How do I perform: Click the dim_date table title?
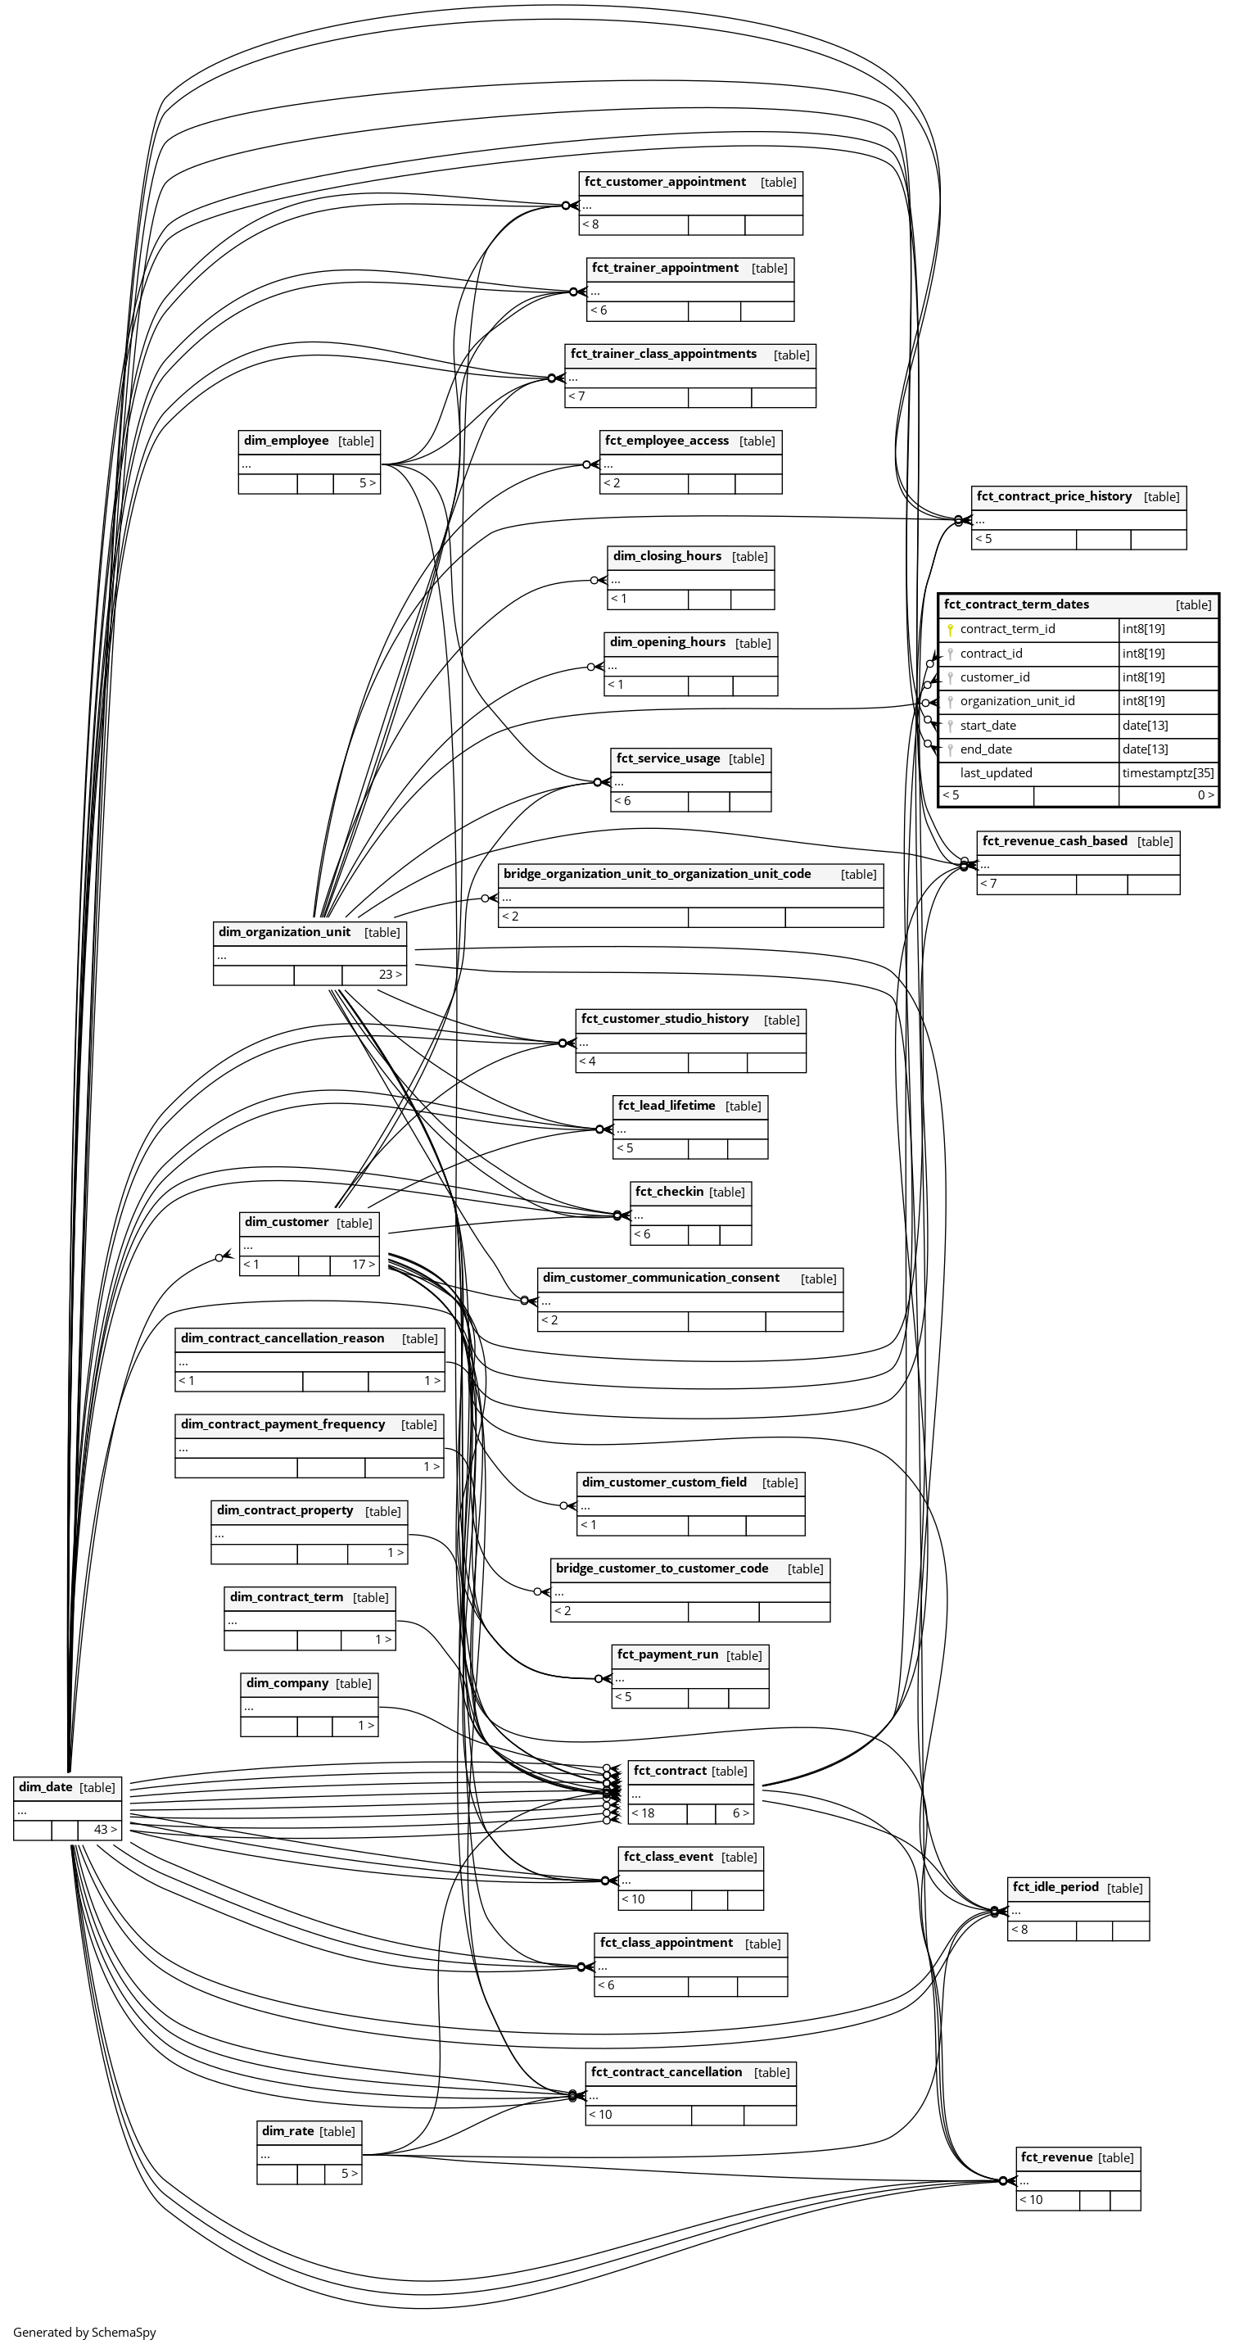coord(46,1787)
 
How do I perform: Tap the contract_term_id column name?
coord(1007,629)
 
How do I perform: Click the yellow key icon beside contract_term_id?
coord(950,629)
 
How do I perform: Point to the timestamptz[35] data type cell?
coord(1168,773)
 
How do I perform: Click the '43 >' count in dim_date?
coord(105,1829)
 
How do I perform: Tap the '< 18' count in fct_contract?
coord(643,1813)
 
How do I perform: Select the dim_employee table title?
coord(286,441)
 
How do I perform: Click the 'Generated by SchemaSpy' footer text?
coord(85,2332)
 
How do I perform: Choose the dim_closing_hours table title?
coord(667,556)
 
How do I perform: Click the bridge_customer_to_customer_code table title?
coord(662,1568)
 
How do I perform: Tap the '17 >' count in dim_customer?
coord(363,1265)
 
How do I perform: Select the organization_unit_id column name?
coord(1017,701)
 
